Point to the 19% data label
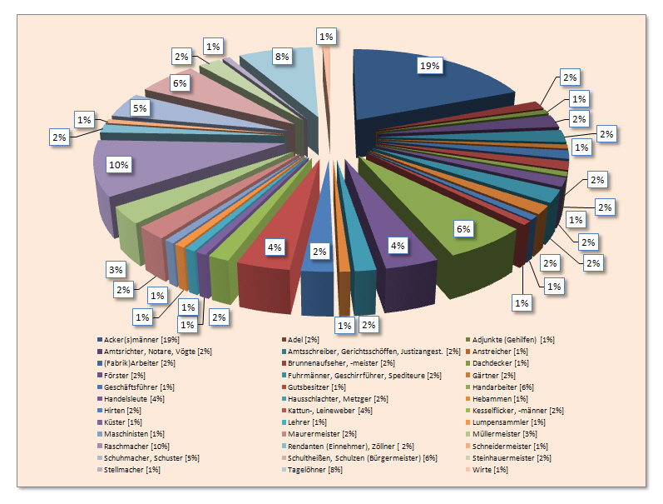[x=429, y=66]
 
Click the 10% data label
[x=118, y=165]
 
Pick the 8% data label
[x=281, y=57]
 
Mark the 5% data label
[x=140, y=107]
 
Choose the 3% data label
[x=116, y=269]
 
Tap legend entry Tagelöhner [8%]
[x=314, y=468]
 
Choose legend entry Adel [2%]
[x=302, y=340]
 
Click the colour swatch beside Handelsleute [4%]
[x=100, y=398]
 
